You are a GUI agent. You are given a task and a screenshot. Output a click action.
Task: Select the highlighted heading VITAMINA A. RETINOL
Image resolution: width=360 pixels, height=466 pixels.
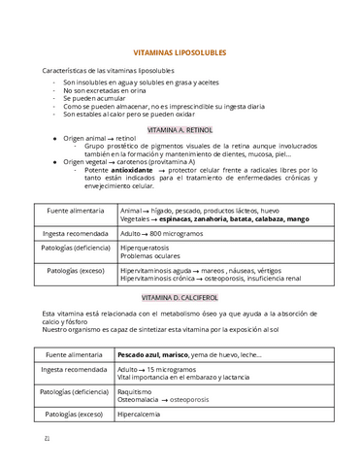pos(180,128)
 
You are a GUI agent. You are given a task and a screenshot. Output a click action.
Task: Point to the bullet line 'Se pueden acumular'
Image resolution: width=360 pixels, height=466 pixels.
pos(95,98)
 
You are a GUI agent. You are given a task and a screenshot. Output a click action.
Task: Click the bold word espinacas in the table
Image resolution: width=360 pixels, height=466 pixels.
pos(180,219)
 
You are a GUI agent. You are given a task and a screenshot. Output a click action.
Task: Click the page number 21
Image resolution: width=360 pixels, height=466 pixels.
pos(48,438)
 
